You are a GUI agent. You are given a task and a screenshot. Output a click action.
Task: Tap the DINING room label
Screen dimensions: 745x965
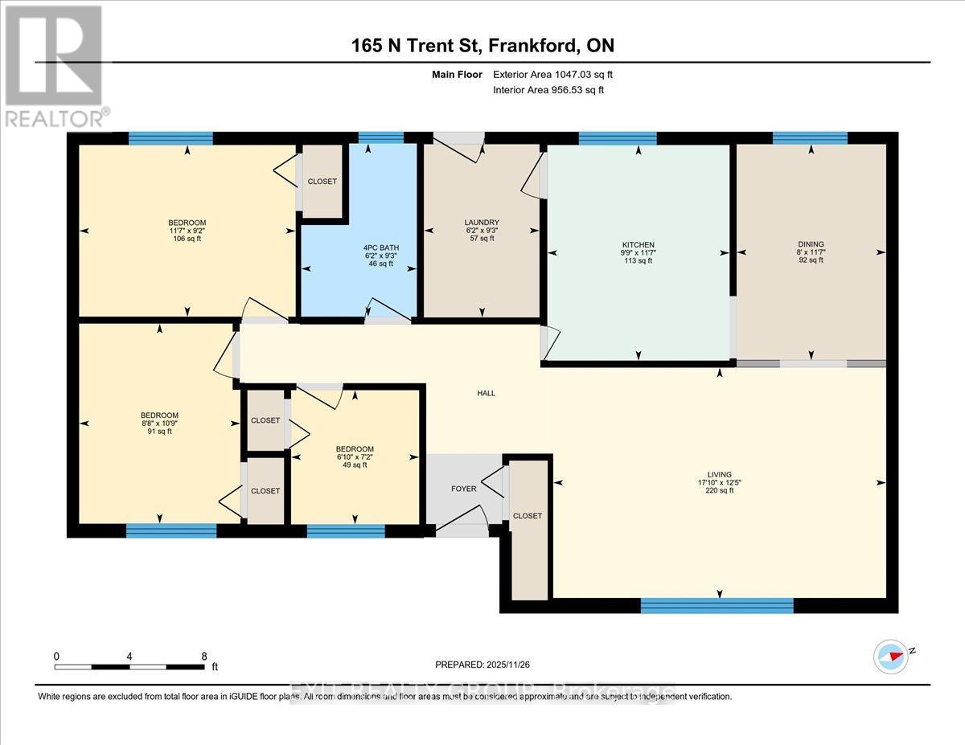coord(811,244)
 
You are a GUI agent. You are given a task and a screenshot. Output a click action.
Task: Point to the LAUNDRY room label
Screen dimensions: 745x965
coord(482,223)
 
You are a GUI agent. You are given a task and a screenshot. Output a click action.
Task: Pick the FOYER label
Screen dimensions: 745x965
coord(463,489)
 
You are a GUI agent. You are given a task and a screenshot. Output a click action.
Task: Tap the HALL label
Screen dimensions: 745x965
coord(486,393)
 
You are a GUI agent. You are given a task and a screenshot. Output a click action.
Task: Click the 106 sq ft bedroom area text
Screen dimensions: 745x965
coord(187,239)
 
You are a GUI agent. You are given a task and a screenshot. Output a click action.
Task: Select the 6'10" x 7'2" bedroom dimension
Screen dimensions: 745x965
coord(355,456)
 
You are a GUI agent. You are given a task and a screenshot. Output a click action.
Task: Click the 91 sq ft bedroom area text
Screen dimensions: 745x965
coord(159,432)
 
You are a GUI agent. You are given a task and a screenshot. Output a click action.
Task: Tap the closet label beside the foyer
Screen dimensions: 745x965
coord(528,516)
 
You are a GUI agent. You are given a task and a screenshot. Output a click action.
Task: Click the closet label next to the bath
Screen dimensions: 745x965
coord(322,182)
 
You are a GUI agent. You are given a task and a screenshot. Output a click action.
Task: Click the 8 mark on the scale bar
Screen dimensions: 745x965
coord(204,656)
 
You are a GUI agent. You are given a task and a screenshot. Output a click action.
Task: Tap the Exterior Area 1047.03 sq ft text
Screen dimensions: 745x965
coord(557,75)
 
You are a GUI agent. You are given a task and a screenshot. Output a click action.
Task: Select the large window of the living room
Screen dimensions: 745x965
coord(717,605)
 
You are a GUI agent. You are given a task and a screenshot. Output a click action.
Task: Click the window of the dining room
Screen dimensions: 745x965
coord(810,138)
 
